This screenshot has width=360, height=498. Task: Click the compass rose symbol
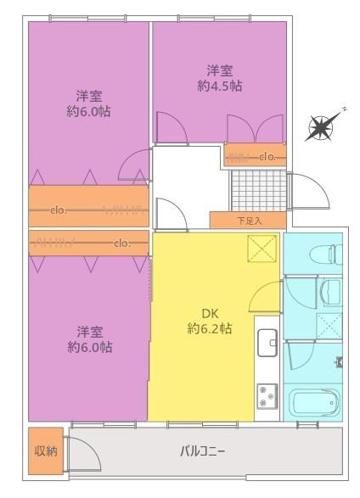point(321,127)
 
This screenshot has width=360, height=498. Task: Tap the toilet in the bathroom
point(335,254)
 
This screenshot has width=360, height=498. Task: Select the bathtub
point(316,402)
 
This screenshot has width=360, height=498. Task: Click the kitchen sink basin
point(267,343)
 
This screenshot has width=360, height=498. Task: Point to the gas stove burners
point(267,396)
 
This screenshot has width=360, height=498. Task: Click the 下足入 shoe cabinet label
point(250,221)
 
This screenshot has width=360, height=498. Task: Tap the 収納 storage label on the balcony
point(46,450)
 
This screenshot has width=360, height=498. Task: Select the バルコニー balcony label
point(203,451)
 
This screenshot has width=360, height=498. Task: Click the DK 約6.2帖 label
point(210,321)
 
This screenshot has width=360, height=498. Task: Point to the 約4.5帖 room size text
point(220,86)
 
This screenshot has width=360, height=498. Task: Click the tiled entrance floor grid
point(258,190)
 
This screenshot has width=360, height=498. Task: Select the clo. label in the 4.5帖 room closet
point(267,157)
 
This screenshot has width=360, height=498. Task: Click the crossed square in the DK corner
point(262,249)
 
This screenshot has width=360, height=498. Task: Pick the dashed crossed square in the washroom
point(329,325)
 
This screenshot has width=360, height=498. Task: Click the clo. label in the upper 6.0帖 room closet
point(59,210)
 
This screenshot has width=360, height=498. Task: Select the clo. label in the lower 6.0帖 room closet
point(122,243)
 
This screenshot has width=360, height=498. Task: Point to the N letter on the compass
point(344,109)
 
